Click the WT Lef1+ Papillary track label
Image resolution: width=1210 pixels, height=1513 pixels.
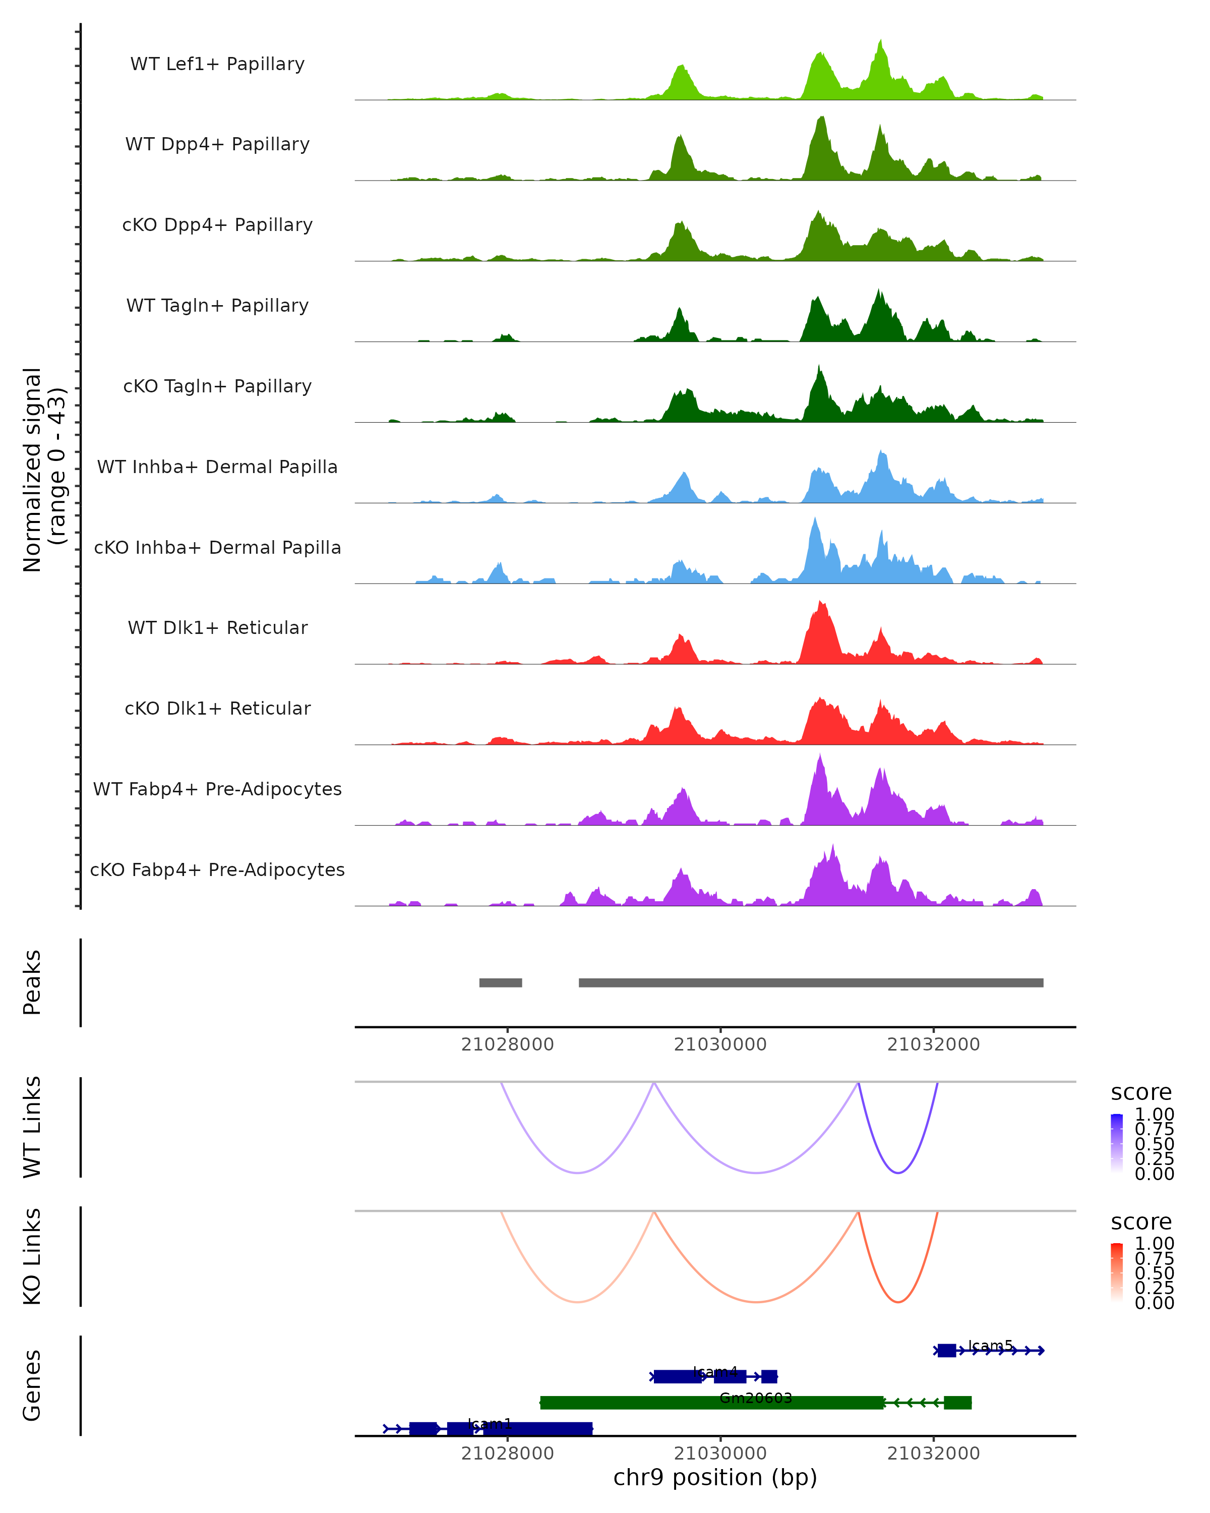(x=217, y=64)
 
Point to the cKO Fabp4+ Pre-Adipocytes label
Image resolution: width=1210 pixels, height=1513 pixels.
(x=217, y=869)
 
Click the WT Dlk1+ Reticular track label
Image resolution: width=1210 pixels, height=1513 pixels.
(x=217, y=627)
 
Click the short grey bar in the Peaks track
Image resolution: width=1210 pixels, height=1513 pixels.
(x=500, y=982)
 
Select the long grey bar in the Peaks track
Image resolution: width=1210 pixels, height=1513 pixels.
(x=810, y=982)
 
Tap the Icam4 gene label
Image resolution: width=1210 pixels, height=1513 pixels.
(x=715, y=1371)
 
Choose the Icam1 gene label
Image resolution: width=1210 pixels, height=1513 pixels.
(x=490, y=1423)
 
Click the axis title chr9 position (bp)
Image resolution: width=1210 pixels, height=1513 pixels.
(x=715, y=1477)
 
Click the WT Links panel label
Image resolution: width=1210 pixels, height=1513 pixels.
(x=32, y=1127)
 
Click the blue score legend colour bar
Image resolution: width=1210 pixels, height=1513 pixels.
(x=1117, y=1143)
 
